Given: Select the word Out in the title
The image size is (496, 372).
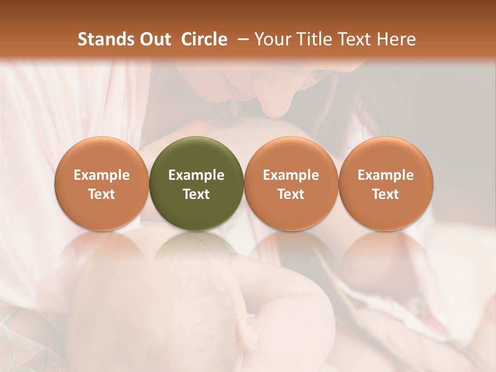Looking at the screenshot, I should coord(153,39).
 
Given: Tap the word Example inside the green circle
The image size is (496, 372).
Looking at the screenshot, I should coord(196,175).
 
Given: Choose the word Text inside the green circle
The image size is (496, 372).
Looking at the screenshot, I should coord(196,194).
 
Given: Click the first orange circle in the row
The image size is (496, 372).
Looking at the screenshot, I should coord(102,183).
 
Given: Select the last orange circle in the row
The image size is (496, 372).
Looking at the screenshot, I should coord(385,183).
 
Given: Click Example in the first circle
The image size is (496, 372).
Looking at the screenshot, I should coord(102,175).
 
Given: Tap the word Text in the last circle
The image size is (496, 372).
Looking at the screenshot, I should coord(385,194).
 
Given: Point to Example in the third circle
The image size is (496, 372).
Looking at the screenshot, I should coord(291,175).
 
